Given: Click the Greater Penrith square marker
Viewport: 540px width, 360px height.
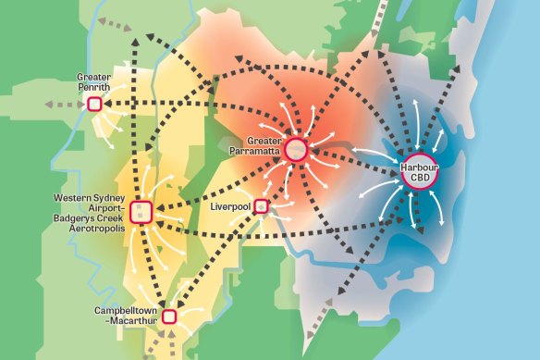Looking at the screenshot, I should [x=93, y=105].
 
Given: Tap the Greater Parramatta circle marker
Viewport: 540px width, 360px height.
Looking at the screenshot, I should [x=296, y=148].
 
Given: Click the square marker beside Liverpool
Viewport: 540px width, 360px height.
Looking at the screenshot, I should [x=262, y=205].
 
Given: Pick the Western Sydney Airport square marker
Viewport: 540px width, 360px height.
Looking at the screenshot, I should [x=141, y=212].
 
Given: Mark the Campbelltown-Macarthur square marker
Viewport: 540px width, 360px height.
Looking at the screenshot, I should [x=169, y=317].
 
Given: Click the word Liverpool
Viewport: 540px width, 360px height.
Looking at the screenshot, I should [x=232, y=205].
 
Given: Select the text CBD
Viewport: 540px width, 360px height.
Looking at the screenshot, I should [x=418, y=177].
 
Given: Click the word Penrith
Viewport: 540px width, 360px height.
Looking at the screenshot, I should [x=93, y=87].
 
